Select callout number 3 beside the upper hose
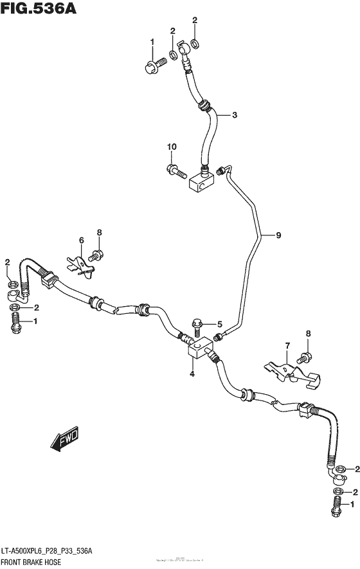click(234, 115)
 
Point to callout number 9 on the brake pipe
click(278, 236)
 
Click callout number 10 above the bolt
click(172, 148)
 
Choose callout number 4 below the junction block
click(192, 372)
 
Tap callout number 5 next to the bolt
click(219, 325)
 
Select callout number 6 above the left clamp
click(82, 240)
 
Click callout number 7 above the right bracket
click(287, 347)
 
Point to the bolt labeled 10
click(175, 171)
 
